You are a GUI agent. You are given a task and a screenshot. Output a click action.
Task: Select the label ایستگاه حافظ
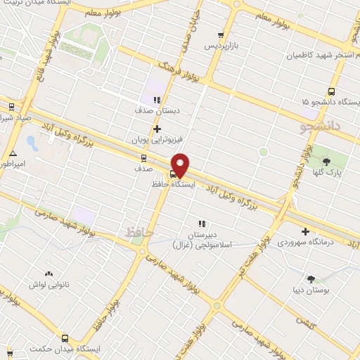[x=172, y=184]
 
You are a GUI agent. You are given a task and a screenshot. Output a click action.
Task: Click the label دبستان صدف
[x=157, y=110]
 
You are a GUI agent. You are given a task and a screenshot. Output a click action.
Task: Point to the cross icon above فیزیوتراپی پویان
[x=156, y=129]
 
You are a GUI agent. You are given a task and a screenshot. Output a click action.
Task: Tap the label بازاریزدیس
[x=221, y=45]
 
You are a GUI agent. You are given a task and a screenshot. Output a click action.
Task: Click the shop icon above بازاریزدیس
[x=221, y=34]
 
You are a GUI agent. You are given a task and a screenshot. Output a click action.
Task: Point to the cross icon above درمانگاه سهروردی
[x=305, y=231]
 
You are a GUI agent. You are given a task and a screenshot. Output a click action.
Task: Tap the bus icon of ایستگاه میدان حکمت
[x=65, y=338]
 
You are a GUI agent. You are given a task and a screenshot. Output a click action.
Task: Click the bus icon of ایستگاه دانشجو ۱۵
[x=332, y=91]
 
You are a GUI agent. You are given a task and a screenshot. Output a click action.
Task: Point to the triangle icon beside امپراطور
[x=13, y=153]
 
